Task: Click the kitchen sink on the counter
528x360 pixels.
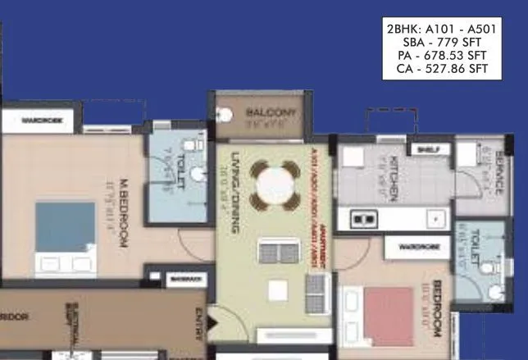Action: [363, 219]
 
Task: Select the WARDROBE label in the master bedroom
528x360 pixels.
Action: [38, 121]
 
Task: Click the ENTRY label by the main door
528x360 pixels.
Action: [199, 324]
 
